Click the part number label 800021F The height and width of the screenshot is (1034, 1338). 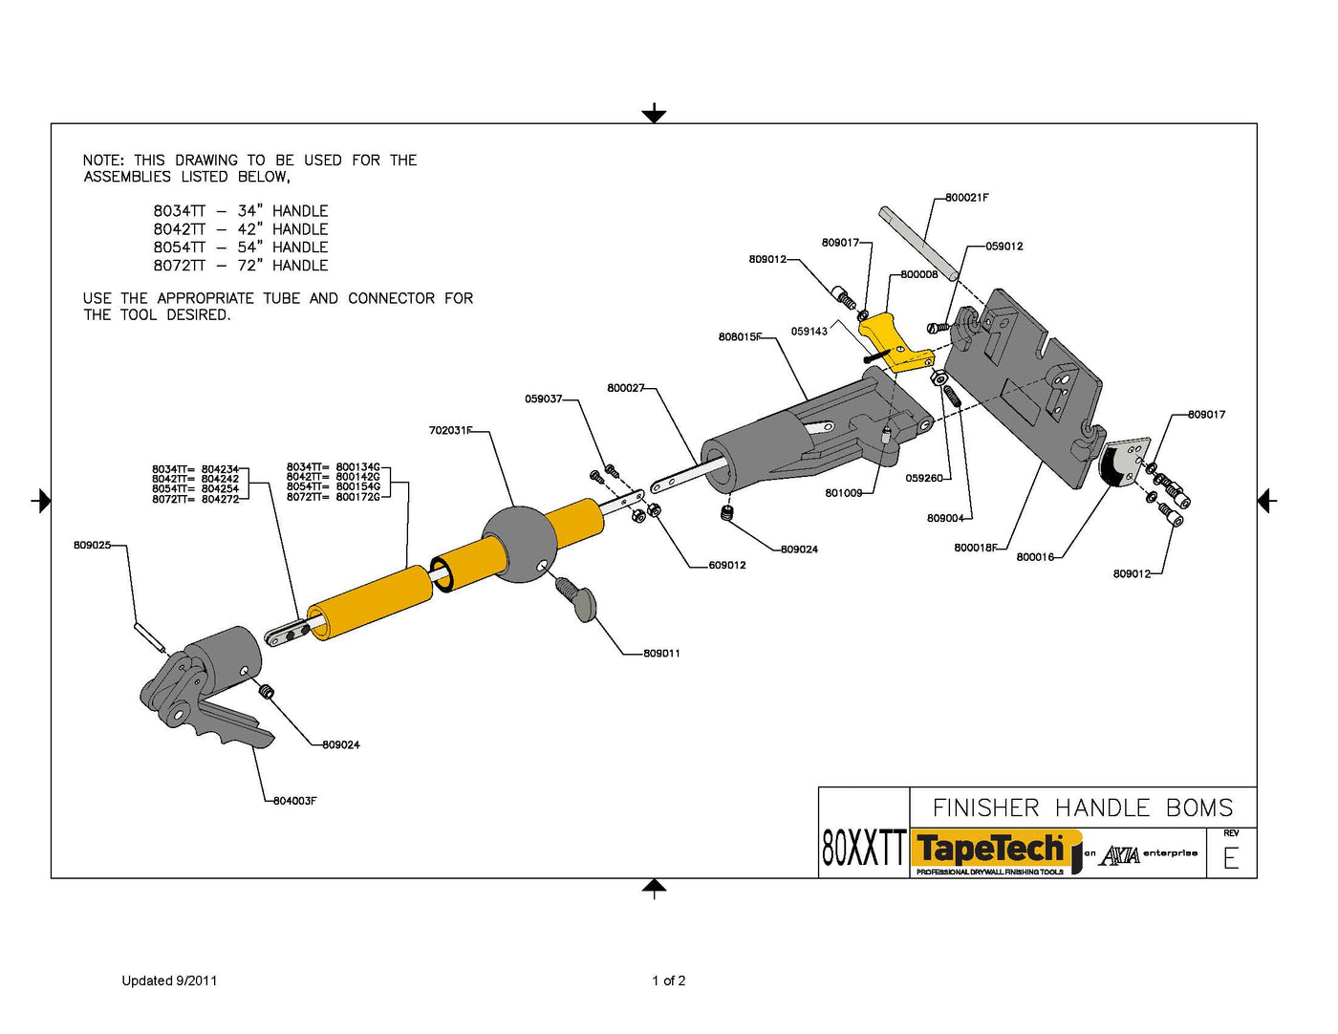[966, 198]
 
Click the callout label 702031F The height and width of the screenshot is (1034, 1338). [450, 431]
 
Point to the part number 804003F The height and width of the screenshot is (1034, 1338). [294, 801]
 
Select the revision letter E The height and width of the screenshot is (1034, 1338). [1231, 858]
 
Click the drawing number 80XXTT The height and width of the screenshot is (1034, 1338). [863, 848]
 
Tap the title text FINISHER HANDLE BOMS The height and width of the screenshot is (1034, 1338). [1083, 808]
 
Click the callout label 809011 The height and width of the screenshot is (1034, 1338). [661, 654]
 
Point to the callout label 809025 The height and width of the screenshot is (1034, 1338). [92, 546]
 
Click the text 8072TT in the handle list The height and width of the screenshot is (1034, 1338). [180, 266]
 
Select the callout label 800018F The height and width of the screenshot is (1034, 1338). [975, 549]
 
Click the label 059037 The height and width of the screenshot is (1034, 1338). [543, 399]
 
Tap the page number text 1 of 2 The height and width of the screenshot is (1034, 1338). [669, 980]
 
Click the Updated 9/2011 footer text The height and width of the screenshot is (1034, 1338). [169, 980]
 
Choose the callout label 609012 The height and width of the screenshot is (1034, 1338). [727, 566]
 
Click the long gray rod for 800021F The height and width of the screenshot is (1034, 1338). [918, 244]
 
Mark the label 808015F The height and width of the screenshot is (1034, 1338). [740, 337]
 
